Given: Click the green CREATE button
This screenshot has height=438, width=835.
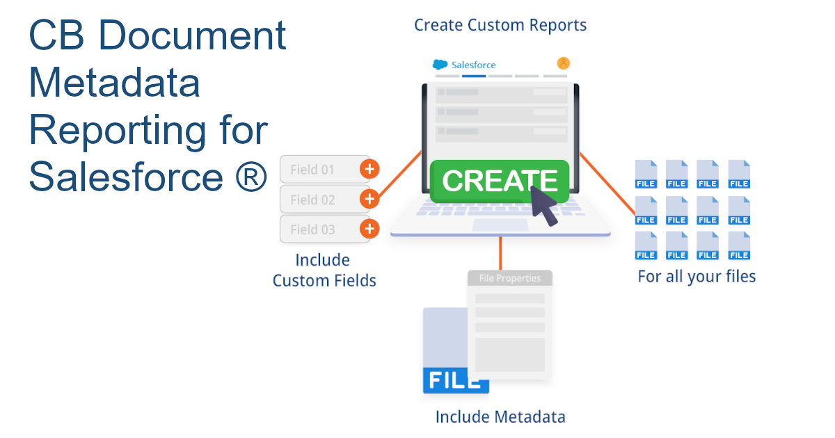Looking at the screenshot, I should [499, 181].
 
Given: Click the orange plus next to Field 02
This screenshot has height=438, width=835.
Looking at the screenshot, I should [369, 200].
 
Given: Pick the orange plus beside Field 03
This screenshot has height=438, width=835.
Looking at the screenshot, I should [369, 229].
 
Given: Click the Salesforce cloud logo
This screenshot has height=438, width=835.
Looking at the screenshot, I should [440, 65].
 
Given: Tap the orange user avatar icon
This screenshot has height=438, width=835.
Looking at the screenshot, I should [564, 63].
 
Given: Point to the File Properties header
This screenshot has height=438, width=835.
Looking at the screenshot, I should [510, 278].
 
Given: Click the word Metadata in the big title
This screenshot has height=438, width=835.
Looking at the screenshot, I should [114, 83].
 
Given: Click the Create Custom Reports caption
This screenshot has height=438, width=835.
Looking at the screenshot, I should [500, 26].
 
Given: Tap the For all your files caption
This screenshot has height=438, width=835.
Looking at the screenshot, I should [697, 277].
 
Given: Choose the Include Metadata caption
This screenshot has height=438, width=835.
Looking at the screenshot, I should [500, 417].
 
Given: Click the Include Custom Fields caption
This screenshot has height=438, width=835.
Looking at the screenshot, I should [324, 270].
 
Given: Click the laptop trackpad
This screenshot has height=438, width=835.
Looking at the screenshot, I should [500, 225].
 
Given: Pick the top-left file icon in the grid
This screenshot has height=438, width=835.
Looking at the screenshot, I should [646, 175].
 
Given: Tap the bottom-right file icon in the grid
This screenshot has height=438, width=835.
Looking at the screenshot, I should [739, 246].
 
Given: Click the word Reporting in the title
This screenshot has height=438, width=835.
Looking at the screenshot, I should [148, 130].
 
